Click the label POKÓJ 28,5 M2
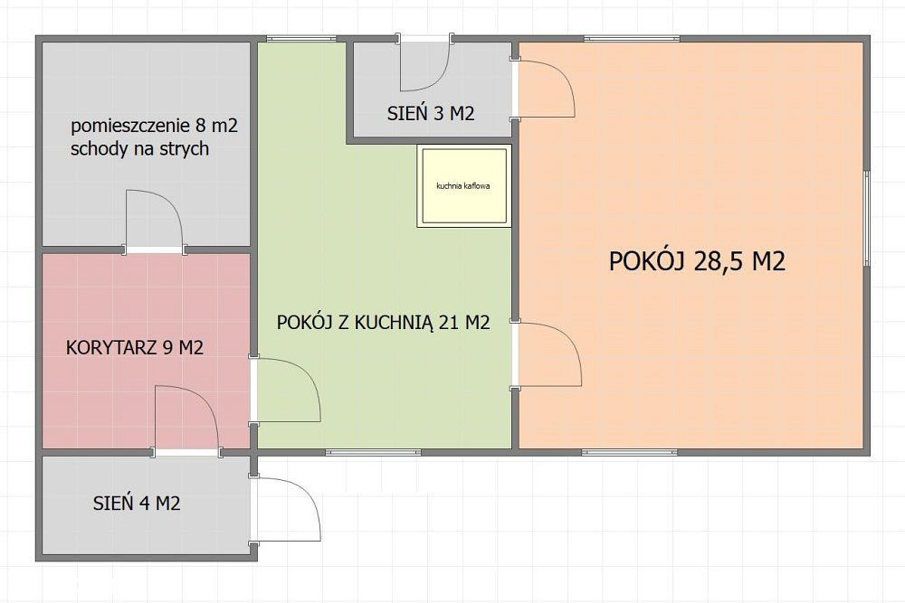tap(697, 261)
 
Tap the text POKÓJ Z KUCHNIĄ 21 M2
tap(383, 322)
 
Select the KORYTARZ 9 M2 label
tap(135, 348)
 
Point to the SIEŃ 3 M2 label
tap(431, 113)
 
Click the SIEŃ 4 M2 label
tap(137, 504)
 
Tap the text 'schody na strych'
tap(139, 149)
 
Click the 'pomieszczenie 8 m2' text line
tap(154, 126)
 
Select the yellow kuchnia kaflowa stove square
tap(464, 185)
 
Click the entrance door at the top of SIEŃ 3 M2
tap(424, 62)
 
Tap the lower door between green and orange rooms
tap(547, 354)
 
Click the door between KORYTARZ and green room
tap(285, 391)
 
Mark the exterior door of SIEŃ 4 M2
tap(284, 508)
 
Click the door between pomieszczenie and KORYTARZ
tap(155, 221)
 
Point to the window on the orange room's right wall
tap(866, 218)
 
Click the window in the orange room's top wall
tap(632, 39)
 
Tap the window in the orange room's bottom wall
tap(630, 452)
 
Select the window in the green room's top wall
tap(297, 39)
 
